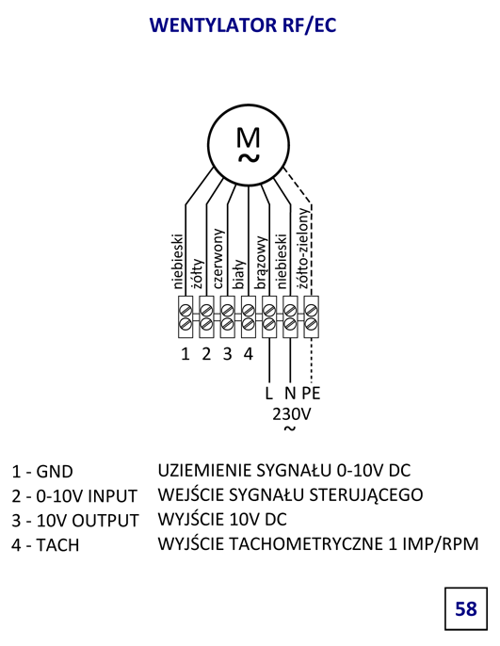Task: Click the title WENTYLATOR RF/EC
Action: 243,25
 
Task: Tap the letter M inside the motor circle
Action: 249,138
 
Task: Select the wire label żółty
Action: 199,273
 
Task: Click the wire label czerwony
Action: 218,259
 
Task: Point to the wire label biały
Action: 240,274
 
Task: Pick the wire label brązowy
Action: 261,263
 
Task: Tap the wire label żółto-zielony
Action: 302,248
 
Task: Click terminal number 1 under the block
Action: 185,354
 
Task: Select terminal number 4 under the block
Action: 248,354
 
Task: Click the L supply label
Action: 269,393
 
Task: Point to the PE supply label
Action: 311,393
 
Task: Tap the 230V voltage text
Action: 291,414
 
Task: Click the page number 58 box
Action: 466,608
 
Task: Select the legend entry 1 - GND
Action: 42,472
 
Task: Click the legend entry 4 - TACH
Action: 45,545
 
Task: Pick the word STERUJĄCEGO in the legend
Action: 365,495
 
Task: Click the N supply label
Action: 290,393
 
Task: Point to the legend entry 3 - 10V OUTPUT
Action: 75,521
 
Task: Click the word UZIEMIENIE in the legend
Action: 204,471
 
